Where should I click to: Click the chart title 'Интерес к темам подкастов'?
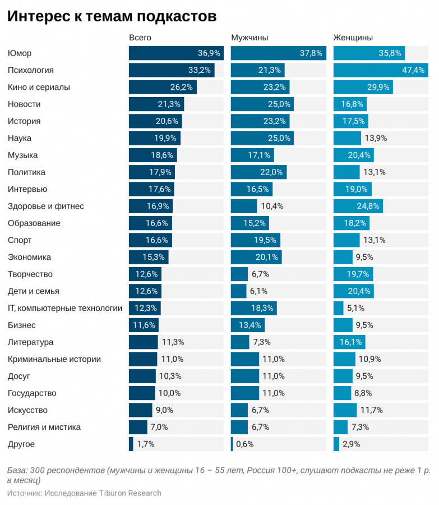tap(112, 16)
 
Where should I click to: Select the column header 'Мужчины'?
tap(249, 38)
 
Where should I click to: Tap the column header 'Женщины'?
tap(353, 38)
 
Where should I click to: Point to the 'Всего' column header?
tap(140, 38)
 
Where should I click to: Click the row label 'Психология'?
tap(31, 70)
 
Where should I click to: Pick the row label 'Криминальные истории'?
tap(54, 359)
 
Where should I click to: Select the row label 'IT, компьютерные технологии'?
tap(65, 308)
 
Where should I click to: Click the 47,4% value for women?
tap(413, 70)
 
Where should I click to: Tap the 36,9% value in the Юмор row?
tap(209, 53)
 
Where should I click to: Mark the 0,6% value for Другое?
tap(244, 444)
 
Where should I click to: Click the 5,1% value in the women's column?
tap(355, 308)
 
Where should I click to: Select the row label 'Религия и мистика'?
tap(44, 427)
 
